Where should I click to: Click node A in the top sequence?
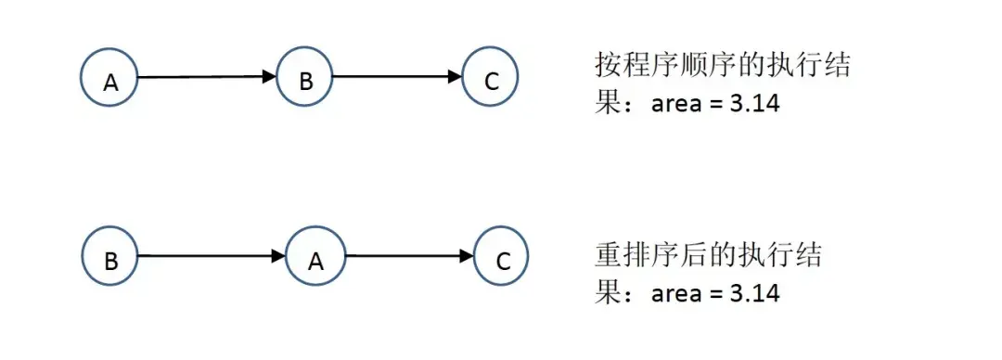click(x=109, y=78)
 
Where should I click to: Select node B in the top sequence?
click(x=305, y=78)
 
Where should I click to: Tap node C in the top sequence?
click(x=491, y=78)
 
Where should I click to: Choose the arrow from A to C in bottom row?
click(x=408, y=256)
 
